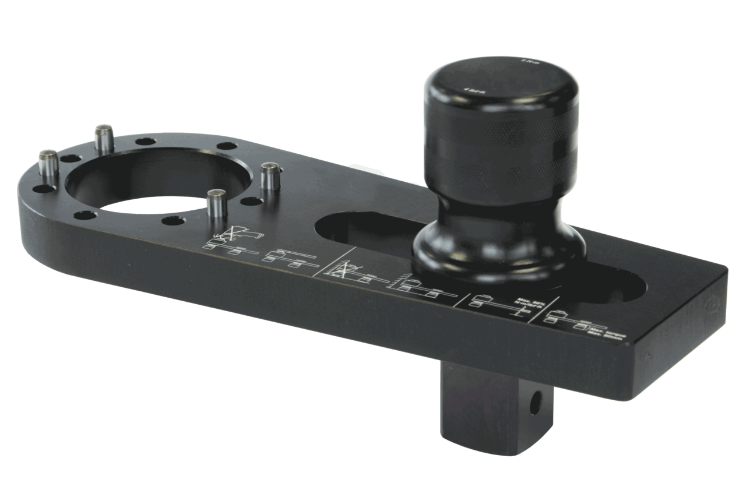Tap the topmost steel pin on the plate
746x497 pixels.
pyautogui.click(x=104, y=139)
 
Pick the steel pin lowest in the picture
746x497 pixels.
pyautogui.click(x=216, y=204)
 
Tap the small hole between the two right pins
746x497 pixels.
pyautogui.click(x=249, y=202)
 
